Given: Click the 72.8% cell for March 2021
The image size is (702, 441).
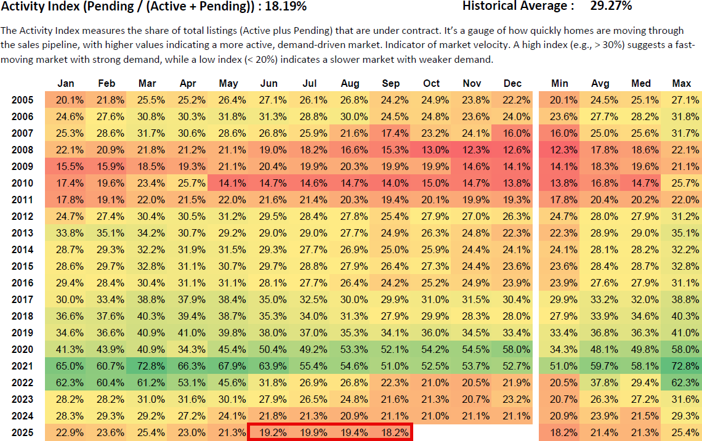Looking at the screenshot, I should [147, 366].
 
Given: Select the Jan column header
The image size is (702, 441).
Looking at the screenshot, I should [66, 84].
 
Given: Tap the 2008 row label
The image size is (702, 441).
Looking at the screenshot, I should [22, 150].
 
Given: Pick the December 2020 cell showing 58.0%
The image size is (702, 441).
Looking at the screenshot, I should [512, 349].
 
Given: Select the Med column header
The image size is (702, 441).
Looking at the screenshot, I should [641, 84].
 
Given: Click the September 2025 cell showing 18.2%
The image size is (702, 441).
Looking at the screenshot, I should [391, 432].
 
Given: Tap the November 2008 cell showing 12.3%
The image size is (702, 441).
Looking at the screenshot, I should [472, 150].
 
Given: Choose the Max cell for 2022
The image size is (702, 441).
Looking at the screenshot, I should [682, 382].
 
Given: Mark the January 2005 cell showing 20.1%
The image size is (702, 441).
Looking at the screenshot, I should [66, 100].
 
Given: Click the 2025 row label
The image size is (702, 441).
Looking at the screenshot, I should [22, 432].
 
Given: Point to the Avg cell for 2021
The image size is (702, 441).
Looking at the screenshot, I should [600, 366].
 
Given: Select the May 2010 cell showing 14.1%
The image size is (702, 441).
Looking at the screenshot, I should [228, 183].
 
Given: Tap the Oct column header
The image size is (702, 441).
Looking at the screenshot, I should [432, 84].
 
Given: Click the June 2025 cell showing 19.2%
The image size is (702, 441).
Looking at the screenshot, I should [269, 432].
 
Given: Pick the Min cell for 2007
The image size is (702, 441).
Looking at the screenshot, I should [560, 133].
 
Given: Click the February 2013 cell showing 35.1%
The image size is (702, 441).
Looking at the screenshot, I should [107, 233].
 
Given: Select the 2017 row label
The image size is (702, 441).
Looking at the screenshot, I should [22, 299].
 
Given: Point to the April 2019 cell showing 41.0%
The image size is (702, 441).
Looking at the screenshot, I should [188, 333].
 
